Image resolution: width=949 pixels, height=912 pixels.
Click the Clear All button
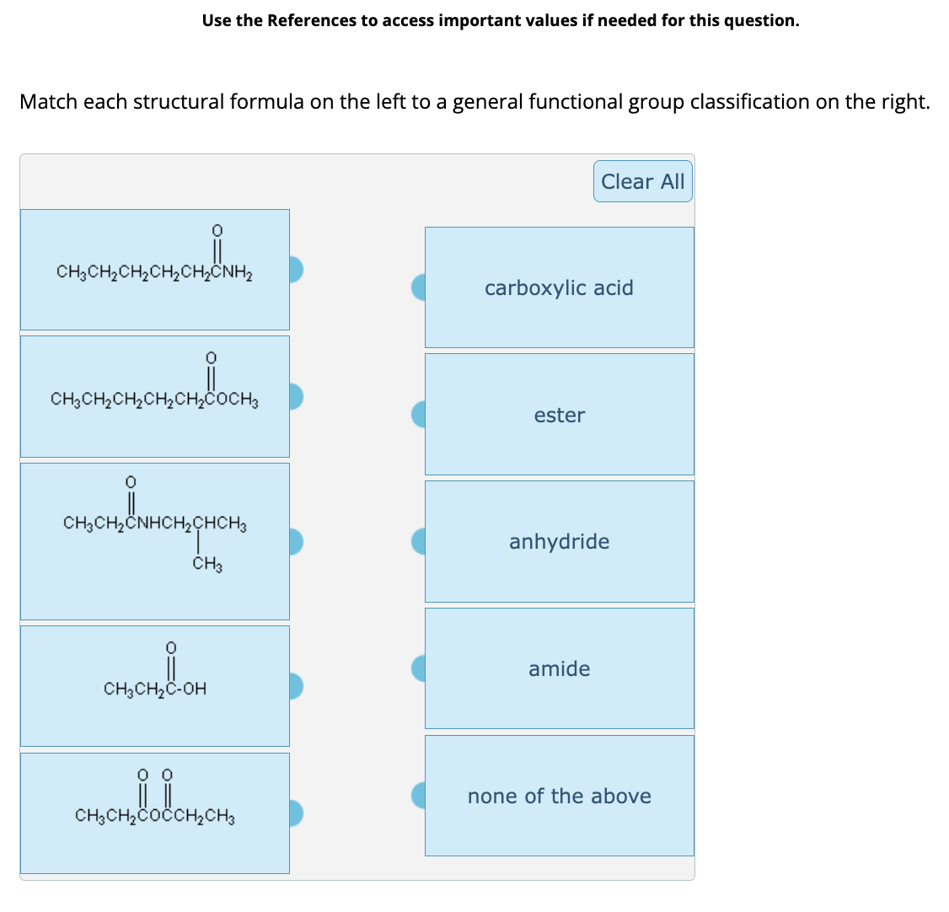point(642,182)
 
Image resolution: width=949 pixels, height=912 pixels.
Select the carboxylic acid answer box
point(559,287)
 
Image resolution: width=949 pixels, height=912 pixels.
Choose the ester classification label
point(559,415)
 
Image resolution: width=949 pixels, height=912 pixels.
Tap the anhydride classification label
point(559,541)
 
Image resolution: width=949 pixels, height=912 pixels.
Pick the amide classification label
point(559,668)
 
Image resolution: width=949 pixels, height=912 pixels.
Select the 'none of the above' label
point(559,796)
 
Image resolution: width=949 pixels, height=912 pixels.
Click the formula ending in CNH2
point(155,270)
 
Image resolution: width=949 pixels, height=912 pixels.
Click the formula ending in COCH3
point(155,397)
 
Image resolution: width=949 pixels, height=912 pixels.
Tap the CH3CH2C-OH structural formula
point(155,687)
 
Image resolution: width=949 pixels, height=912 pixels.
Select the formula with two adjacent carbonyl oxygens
point(155,813)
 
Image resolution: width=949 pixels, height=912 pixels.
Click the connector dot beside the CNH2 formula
point(295,269)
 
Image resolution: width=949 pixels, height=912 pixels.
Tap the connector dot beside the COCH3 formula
point(295,396)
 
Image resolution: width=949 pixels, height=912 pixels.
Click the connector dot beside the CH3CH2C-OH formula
point(295,686)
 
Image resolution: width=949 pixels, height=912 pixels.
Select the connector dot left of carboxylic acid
point(419,287)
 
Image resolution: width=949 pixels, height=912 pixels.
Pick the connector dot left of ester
point(419,414)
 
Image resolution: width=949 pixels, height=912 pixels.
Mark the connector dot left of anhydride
point(419,541)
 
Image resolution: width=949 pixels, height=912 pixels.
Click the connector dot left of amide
point(419,668)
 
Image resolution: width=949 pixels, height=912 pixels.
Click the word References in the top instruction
point(312,20)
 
